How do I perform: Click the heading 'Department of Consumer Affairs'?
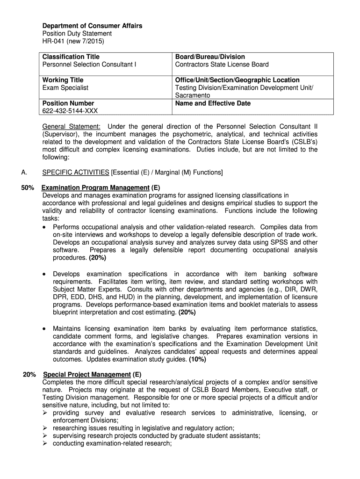[92, 26]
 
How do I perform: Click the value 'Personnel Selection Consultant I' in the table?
[89, 65]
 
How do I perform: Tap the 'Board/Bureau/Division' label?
[210, 57]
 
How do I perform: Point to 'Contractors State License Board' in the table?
[222, 65]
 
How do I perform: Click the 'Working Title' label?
[63, 80]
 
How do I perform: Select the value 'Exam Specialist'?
[65, 87]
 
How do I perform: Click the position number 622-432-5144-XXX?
[70, 111]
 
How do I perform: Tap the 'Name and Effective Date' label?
[213, 103]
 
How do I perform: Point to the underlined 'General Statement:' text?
[71, 127]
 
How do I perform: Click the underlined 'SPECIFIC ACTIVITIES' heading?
[75, 173]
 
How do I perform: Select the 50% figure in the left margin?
[28, 188]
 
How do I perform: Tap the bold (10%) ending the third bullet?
[197, 360]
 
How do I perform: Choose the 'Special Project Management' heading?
[86, 375]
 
